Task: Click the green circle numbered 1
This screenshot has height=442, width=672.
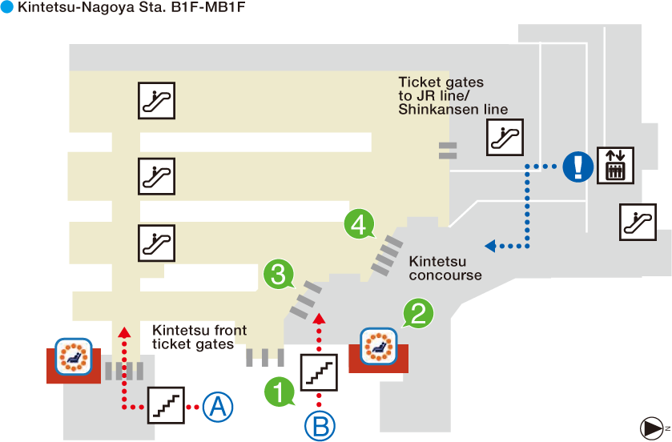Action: tap(279, 392)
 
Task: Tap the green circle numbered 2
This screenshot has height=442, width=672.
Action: tap(417, 313)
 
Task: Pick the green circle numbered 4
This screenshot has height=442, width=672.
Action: tap(359, 224)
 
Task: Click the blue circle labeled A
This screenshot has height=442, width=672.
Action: tap(216, 408)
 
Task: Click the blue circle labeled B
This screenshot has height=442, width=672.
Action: tap(319, 426)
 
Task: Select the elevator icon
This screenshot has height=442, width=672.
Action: tap(615, 165)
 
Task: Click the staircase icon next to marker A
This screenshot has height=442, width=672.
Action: tap(166, 405)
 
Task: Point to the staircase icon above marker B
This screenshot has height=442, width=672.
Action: tap(319, 371)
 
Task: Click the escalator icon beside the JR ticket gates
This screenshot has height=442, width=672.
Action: tap(505, 137)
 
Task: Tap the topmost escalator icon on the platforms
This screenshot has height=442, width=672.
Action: tap(156, 100)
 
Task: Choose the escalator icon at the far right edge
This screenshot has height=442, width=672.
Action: tap(638, 222)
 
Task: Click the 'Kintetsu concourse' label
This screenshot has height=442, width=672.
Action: tap(445, 268)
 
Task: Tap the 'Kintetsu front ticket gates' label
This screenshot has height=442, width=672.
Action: tap(199, 337)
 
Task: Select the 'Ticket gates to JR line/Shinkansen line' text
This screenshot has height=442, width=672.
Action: tap(453, 96)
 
